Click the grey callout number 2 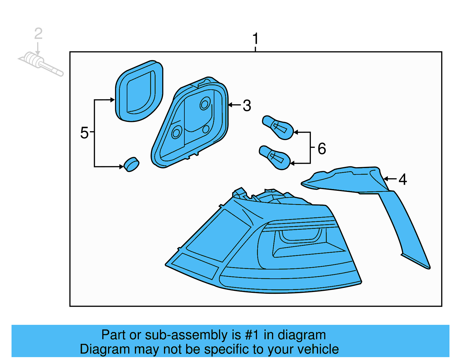tap(38, 34)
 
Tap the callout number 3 tap(247, 105)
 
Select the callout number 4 tap(403, 179)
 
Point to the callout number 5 tap(84, 133)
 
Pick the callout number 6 tap(322, 149)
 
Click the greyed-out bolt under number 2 tap(40, 63)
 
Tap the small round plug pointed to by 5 tap(131, 165)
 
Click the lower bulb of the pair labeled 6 tap(275, 157)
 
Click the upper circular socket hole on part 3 tap(205, 104)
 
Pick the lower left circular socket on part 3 tap(176, 133)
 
